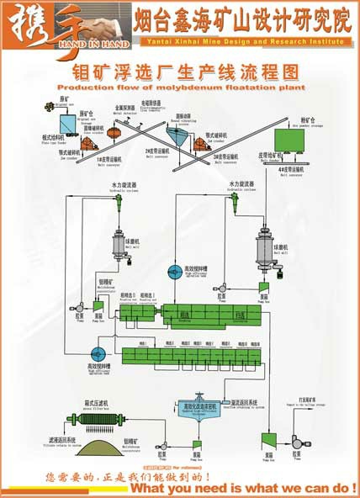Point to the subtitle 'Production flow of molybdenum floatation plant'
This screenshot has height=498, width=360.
pos(180,87)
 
